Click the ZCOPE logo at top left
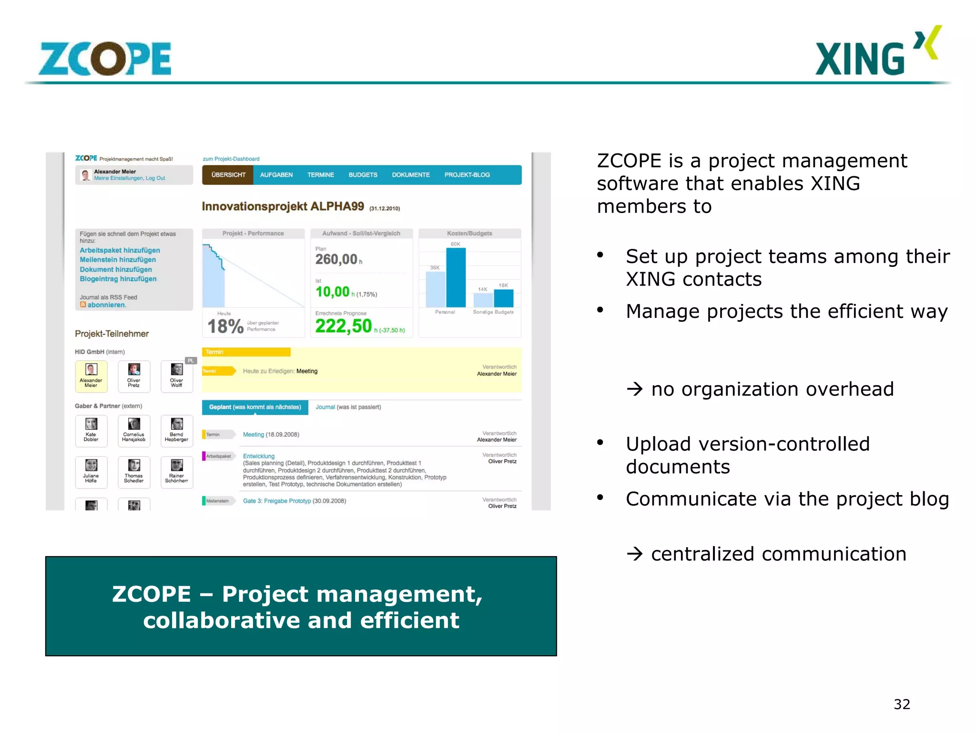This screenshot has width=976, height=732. (105, 59)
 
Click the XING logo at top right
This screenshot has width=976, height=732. (877, 52)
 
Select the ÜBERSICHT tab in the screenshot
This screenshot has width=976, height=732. (228, 175)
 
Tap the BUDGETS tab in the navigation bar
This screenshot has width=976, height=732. (363, 175)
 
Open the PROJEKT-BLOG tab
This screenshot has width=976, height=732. (467, 175)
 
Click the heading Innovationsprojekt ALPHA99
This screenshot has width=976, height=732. (283, 206)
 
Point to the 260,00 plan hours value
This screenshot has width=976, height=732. (336, 259)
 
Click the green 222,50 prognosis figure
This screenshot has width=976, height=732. (343, 326)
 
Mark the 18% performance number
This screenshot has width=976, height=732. (225, 326)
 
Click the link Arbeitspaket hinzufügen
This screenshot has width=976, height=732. (120, 250)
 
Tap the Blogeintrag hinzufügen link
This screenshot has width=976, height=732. (118, 279)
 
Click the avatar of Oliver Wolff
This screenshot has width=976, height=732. (177, 370)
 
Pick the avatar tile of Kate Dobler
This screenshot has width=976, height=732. (91, 424)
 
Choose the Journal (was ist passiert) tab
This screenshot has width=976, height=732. (348, 407)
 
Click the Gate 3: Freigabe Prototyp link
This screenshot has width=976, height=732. (276, 501)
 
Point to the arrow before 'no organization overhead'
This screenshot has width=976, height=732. (634, 389)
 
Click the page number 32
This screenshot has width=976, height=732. (902, 704)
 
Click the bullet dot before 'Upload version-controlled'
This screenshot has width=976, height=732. (600, 443)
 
